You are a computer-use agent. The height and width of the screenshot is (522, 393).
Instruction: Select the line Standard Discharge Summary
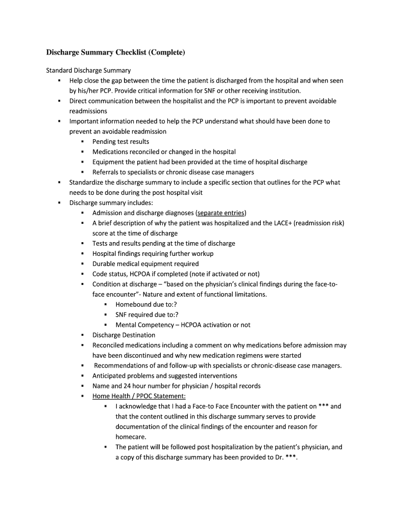coord(89,70)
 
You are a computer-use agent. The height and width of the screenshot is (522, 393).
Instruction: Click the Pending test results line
coord(120,142)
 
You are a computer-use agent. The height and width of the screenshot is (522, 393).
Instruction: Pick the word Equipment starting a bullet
coord(109,162)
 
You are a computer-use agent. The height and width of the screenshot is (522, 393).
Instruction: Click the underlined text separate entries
coord(221,213)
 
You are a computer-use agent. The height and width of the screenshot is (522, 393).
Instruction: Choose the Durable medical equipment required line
coord(145,264)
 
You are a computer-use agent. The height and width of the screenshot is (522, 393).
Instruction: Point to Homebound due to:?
coord(146,305)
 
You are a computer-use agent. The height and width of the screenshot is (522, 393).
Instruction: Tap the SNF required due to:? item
coord(147,315)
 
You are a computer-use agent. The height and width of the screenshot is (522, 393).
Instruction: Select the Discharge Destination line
coord(124,335)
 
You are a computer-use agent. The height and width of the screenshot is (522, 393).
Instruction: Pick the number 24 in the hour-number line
coord(128,386)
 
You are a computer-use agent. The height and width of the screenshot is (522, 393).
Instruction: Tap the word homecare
coord(131,437)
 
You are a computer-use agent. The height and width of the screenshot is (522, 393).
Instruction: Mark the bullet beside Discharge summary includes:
coord(59,203)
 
